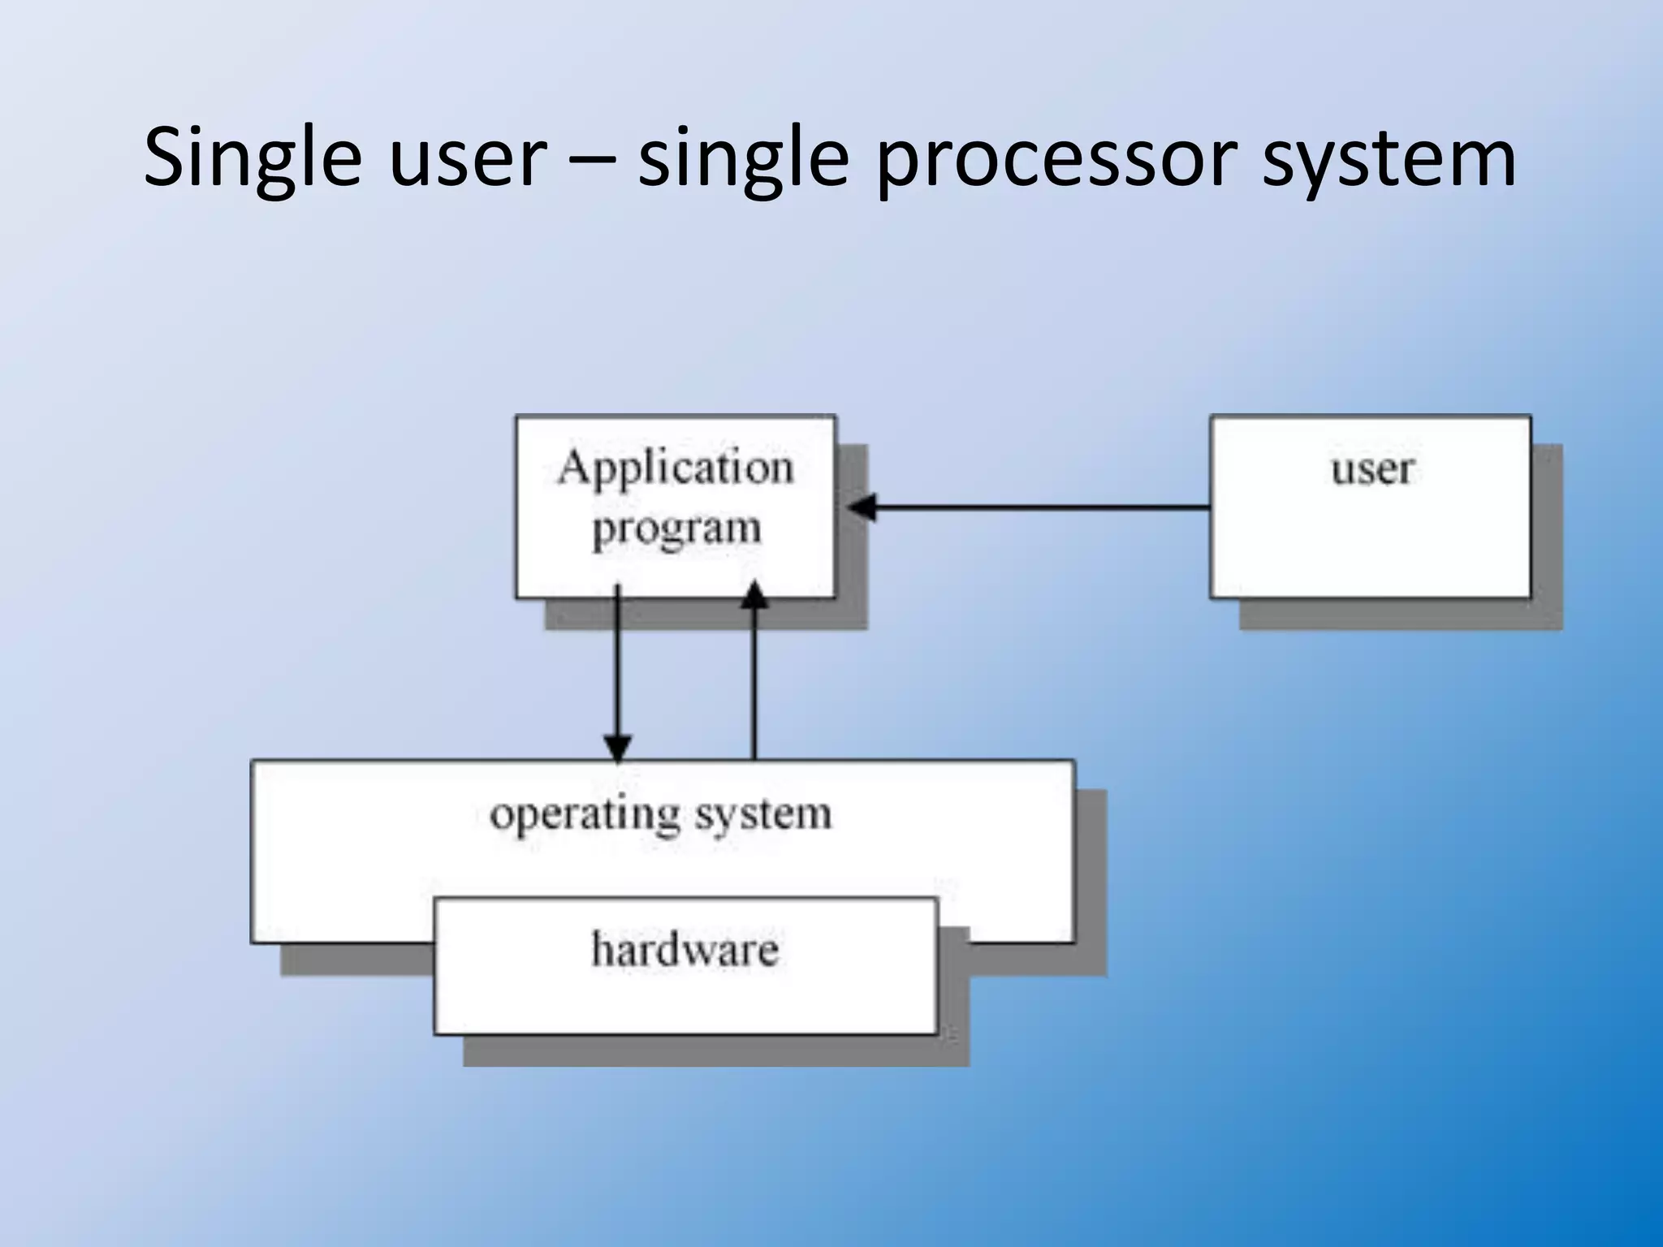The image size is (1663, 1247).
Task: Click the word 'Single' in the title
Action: [252, 158]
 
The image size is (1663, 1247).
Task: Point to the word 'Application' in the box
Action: [675, 468]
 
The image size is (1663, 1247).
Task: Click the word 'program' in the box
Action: [676, 529]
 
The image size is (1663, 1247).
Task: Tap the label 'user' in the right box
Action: [1371, 469]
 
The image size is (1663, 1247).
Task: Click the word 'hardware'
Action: [685, 949]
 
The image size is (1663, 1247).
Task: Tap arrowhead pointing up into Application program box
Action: [754, 595]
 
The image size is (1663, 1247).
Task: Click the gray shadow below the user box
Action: [1397, 615]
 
